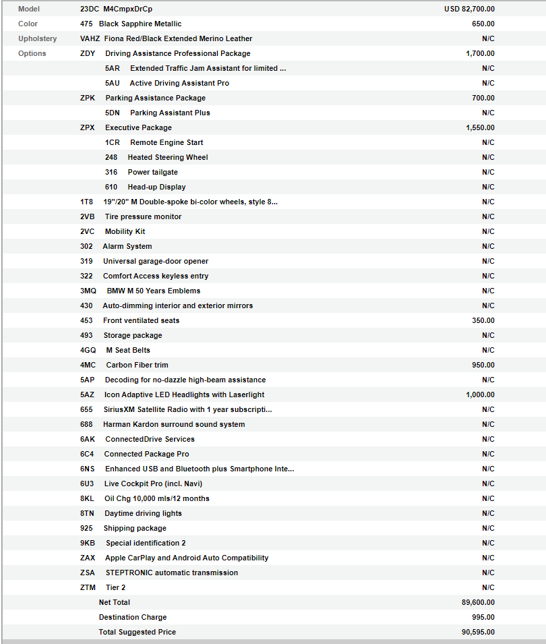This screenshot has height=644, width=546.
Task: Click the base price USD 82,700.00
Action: coord(468,9)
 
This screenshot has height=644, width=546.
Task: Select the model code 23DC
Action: coord(89,9)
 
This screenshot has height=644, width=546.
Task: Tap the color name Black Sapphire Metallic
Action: coord(140,24)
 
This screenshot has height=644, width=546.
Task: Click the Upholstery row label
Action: coord(38,38)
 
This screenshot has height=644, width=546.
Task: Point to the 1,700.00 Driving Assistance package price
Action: coord(479,53)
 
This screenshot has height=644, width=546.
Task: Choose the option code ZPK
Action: coord(88,98)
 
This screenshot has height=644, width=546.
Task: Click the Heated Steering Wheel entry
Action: coord(168,157)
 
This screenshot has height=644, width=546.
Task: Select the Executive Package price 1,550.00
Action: coord(479,127)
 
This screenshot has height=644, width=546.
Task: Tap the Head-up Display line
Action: coord(156,187)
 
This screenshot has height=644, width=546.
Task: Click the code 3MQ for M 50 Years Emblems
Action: coord(88,291)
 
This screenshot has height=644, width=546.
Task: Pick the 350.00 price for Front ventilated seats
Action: coord(483,320)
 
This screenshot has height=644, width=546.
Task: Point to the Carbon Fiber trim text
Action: coord(137,365)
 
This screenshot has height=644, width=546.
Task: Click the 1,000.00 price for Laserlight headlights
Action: coord(479,394)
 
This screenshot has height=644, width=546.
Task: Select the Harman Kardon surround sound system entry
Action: coord(174,424)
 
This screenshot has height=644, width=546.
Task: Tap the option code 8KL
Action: coord(88,498)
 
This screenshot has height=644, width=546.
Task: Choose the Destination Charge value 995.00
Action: coord(483,617)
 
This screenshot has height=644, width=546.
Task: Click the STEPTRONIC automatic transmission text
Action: coord(172,573)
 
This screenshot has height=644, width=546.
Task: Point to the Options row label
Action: coord(32,53)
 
